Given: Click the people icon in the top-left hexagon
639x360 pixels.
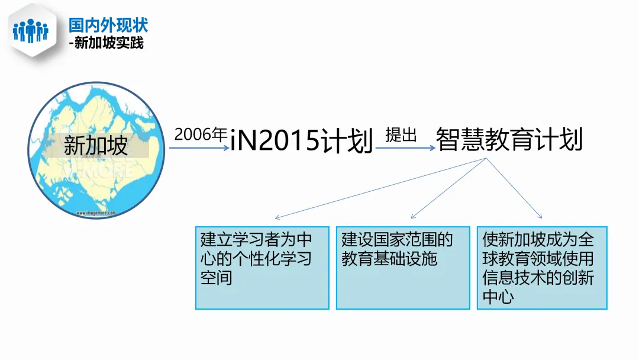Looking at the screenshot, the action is click(x=30, y=30).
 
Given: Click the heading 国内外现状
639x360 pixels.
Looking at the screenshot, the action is click(x=108, y=25).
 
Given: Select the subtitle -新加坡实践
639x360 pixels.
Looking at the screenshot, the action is click(x=106, y=43).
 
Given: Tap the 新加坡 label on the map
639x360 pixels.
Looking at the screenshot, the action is click(x=96, y=146).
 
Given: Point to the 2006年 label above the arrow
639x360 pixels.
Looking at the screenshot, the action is click(x=201, y=134).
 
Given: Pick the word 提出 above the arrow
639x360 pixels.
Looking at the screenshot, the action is click(x=401, y=135).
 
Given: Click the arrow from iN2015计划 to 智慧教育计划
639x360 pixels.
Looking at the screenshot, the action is click(x=405, y=148).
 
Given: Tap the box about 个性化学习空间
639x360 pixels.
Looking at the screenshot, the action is click(x=262, y=268).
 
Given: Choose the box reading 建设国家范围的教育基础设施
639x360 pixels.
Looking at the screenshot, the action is click(x=403, y=268).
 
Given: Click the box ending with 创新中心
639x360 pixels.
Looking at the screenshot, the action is click(x=542, y=268).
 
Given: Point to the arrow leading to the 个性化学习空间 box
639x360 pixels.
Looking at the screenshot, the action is click(x=379, y=188).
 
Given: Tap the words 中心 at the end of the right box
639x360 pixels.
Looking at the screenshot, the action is click(x=498, y=296).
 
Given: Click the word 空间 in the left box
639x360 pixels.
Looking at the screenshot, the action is click(x=217, y=277).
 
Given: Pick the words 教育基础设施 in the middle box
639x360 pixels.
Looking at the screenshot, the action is click(x=389, y=258).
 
